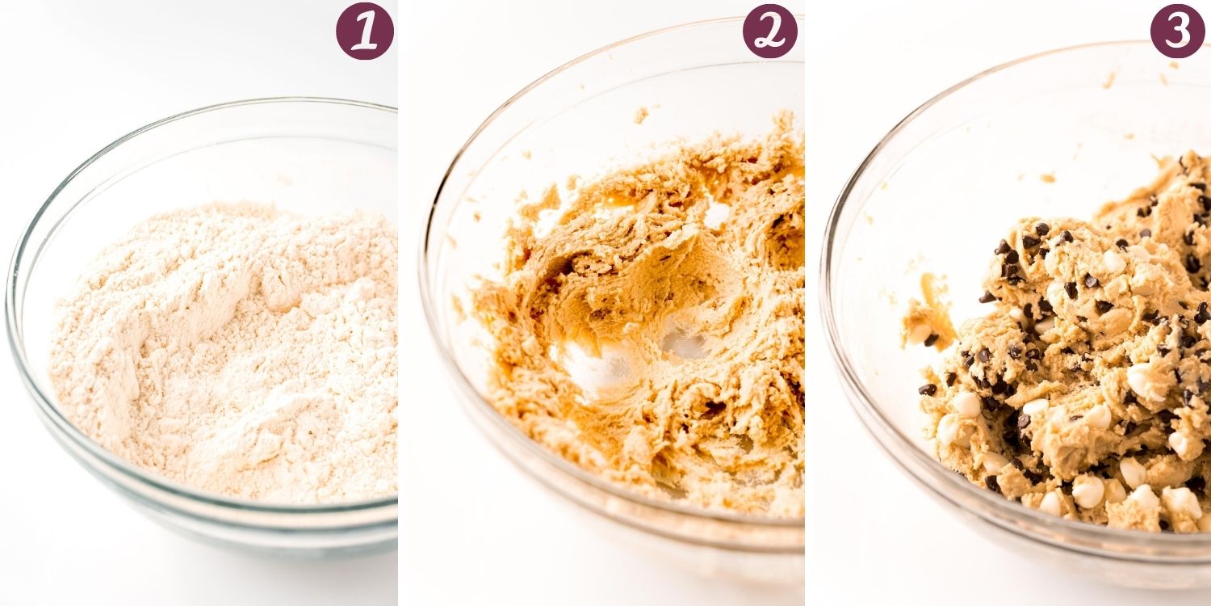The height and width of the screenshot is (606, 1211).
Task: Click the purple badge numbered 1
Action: pos(364,31)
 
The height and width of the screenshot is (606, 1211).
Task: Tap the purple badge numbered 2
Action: pos(769,31)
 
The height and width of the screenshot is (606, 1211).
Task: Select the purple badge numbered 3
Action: pos(1177,31)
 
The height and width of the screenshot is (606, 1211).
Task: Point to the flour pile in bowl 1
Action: pos(226,347)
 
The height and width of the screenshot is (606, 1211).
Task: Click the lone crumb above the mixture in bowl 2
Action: pos(641,114)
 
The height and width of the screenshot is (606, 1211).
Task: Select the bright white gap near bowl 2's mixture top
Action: pos(715,214)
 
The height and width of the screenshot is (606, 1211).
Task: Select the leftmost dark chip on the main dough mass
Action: pos(927,389)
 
